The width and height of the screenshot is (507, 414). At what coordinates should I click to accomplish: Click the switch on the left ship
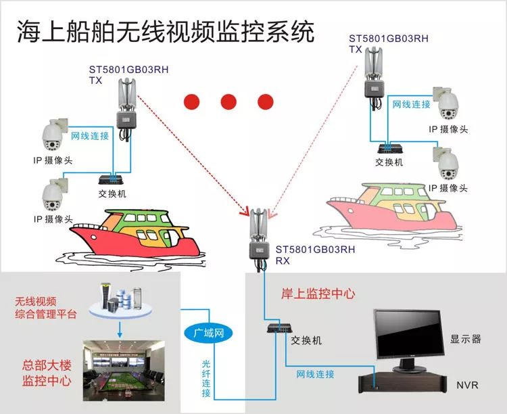(x=112, y=180)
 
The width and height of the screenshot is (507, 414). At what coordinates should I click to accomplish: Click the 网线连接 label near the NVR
(x=315, y=373)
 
